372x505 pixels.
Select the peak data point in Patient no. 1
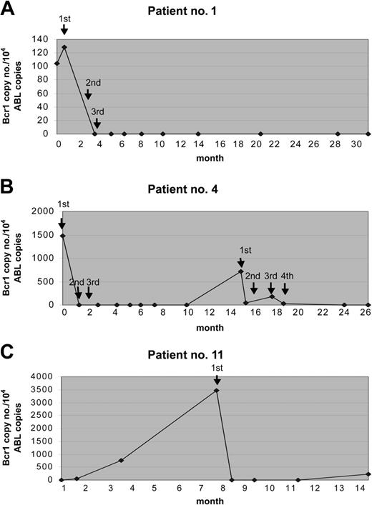click(x=64, y=47)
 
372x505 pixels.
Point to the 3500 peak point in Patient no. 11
click(x=217, y=391)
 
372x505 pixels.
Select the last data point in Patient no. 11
click(x=368, y=474)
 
